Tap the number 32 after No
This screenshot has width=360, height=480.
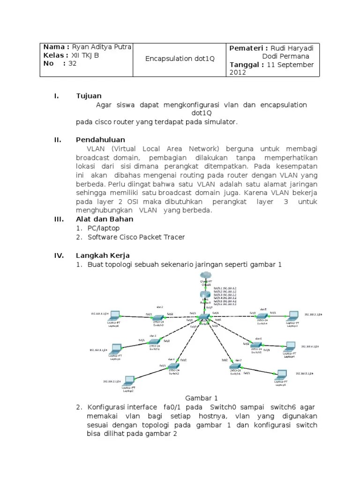click(72, 64)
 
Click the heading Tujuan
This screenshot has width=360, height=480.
click(89, 96)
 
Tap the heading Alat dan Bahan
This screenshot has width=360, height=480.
click(105, 219)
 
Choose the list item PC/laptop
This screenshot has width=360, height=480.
click(103, 228)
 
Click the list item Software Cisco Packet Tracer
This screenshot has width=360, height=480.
click(136, 237)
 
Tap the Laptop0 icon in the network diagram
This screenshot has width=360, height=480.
click(114, 315)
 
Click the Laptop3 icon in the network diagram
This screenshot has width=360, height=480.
click(293, 315)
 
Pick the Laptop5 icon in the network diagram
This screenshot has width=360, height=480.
click(281, 374)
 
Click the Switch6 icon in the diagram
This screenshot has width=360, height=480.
click(236, 366)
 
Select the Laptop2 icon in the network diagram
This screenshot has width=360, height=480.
click(128, 380)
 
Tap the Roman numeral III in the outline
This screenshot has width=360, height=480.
click(59, 219)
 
